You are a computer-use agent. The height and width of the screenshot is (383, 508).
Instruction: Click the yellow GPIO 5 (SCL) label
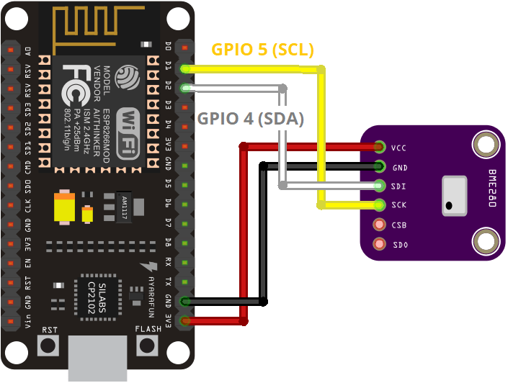tap(262, 50)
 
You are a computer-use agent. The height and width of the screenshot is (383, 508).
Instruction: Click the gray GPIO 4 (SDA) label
tap(251, 119)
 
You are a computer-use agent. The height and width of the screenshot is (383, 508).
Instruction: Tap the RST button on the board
tap(49, 345)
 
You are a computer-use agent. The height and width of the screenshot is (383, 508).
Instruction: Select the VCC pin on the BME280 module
tap(379, 148)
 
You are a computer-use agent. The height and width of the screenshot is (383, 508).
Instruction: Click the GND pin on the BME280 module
tap(379, 167)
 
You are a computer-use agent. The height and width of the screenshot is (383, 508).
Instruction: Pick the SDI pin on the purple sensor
tap(379, 186)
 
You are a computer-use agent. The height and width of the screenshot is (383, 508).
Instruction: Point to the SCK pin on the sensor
tap(379, 205)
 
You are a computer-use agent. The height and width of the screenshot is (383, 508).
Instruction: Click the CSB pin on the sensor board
tap(379, 225)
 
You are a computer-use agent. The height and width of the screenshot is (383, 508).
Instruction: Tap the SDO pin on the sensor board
tap(379, 244)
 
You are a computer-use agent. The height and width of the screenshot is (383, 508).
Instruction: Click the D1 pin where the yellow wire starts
tap(187, 69)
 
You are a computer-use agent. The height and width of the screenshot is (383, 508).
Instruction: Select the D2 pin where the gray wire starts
tap(187, 88)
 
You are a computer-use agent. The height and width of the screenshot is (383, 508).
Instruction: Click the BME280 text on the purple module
tap(493, 189)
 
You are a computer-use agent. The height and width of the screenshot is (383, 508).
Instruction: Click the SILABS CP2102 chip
tap(98, 294)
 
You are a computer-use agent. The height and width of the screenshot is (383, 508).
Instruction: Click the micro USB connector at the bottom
tap(98, 359)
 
